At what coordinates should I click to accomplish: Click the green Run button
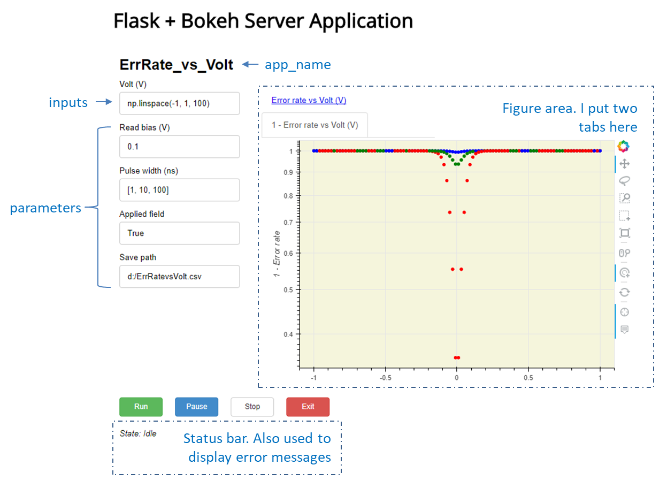[x=141, y=407]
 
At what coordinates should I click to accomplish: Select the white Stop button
[x=252, y=407]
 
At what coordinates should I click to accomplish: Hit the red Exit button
[x=308, y=407]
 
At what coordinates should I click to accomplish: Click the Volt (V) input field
[x=179, y=104]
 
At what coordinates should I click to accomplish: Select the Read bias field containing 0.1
[x=179, y=147]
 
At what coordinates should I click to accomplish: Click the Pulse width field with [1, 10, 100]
[x=179, y=190]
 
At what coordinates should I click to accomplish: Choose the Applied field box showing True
[x=179, y=233]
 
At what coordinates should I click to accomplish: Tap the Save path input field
[x=179, y=277]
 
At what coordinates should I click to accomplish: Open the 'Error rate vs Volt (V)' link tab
[x=309, y=100]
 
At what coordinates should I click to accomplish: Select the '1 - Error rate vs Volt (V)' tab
[x=315, y=125]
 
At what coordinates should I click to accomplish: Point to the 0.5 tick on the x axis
[x=528, y=377]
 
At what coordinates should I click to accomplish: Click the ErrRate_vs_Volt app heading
[x=177, y=65]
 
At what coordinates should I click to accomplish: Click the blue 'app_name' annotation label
[x=298, y=65]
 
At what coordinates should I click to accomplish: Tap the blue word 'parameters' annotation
[x=45, y=208]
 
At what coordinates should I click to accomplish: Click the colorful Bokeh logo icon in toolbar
[x=624, y=146]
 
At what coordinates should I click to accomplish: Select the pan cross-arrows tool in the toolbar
[x=624, y=163]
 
